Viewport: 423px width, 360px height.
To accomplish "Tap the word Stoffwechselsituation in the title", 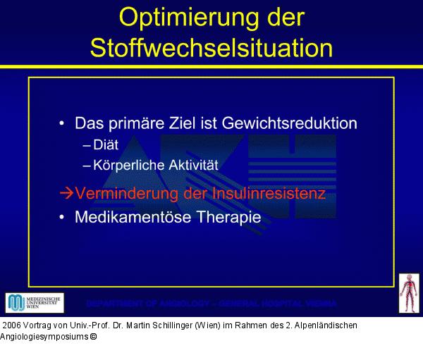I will point(211,47).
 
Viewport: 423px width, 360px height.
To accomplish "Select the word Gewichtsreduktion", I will point(289,123).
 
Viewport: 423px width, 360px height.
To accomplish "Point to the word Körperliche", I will point(128,166).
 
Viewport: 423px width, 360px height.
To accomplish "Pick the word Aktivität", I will point(190,166).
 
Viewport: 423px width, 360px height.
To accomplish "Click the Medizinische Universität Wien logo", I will point(35,303).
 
